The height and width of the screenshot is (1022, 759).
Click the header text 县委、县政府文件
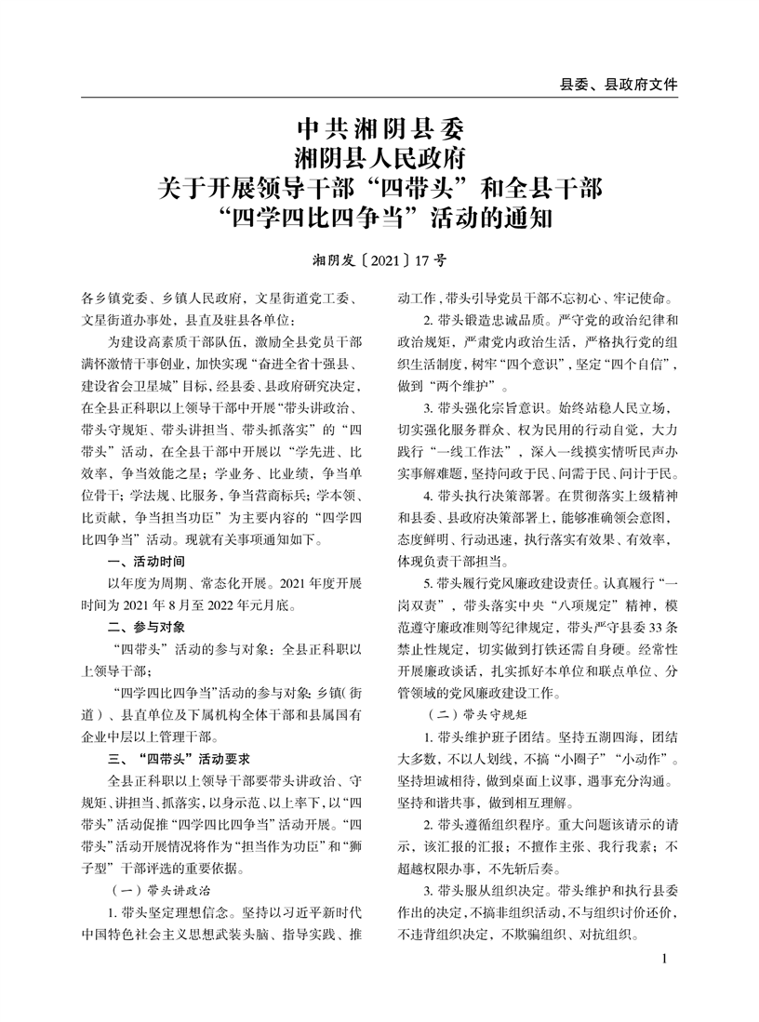tap(618, 84)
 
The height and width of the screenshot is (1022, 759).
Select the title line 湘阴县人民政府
tap(379, 156)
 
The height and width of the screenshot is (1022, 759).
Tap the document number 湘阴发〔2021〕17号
tap(379, 261)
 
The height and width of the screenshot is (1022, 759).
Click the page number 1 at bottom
tap(663, 959)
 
